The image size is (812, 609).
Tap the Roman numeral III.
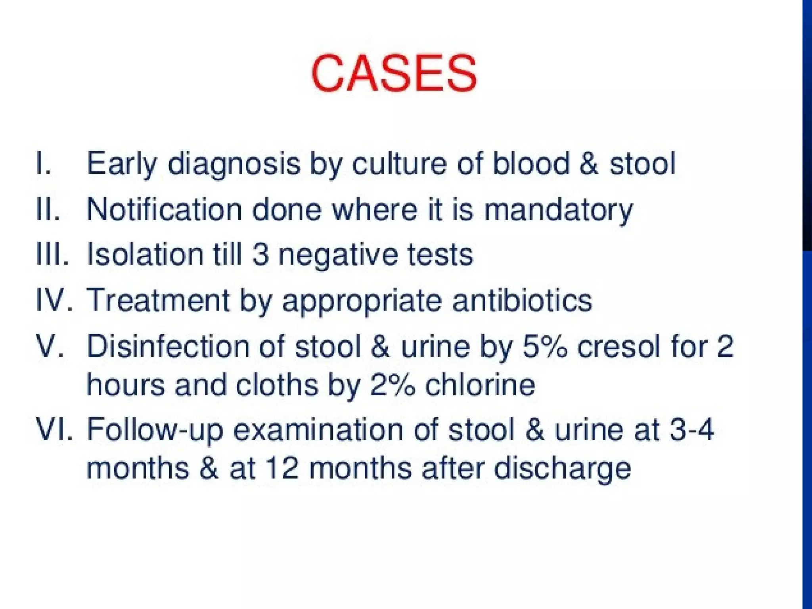(52, 254)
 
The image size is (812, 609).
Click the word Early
(122, 164)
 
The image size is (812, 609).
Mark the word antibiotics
(522, 300)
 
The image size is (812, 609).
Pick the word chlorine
(480, 385)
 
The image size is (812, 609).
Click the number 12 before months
(281, 468)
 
